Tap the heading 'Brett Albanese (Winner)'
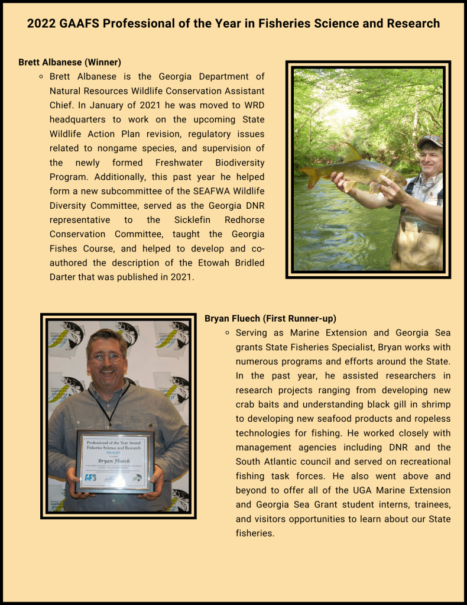click(70, 62)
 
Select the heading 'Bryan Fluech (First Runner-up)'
click(270, 319)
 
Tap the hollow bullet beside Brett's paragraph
click(41, 77)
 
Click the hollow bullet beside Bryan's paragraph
click(227, 334)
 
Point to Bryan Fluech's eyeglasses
click(107, 358)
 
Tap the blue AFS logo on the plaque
click(91, 477)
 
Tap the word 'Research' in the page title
click(413, 24)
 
